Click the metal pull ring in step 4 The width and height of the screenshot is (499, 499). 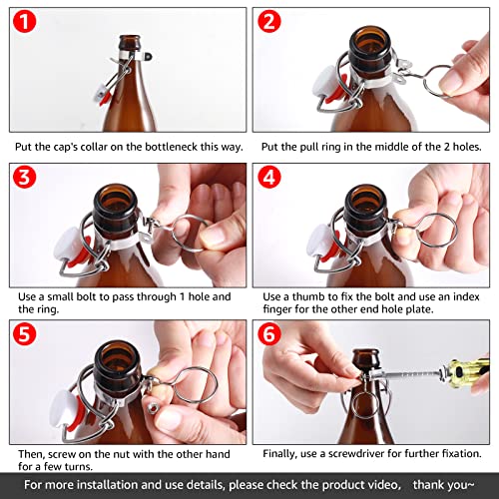pos(437,231)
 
